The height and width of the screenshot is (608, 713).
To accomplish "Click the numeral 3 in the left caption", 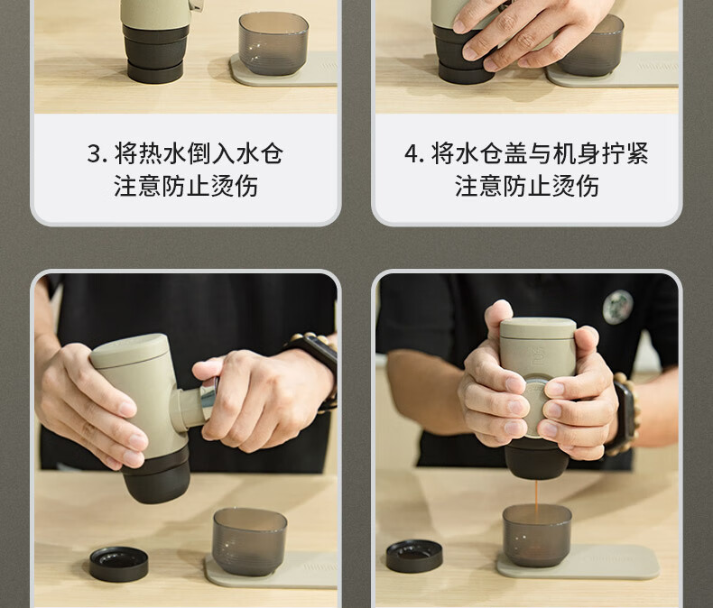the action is pos(95,153).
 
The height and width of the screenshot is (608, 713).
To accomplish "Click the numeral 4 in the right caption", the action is pos(412,153).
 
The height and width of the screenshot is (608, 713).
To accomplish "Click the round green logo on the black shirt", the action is pos(617,307).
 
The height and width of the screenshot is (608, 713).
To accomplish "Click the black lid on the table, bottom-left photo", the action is pos(119,564).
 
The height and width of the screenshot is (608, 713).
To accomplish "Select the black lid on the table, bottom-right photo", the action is pos(414,556).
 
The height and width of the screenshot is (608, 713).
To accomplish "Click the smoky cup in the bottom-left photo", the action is pos(249,541).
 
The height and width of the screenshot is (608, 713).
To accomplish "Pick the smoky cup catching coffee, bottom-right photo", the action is pos(537,535).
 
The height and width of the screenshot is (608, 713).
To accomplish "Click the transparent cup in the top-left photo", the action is pos(273,43).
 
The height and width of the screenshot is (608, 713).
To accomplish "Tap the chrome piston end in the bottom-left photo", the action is pos(208,397).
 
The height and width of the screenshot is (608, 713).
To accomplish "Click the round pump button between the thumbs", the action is pos(533,407).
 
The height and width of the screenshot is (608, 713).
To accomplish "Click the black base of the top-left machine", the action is pos(155,53).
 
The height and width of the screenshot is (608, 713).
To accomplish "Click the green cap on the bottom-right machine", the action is pos(539,329).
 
